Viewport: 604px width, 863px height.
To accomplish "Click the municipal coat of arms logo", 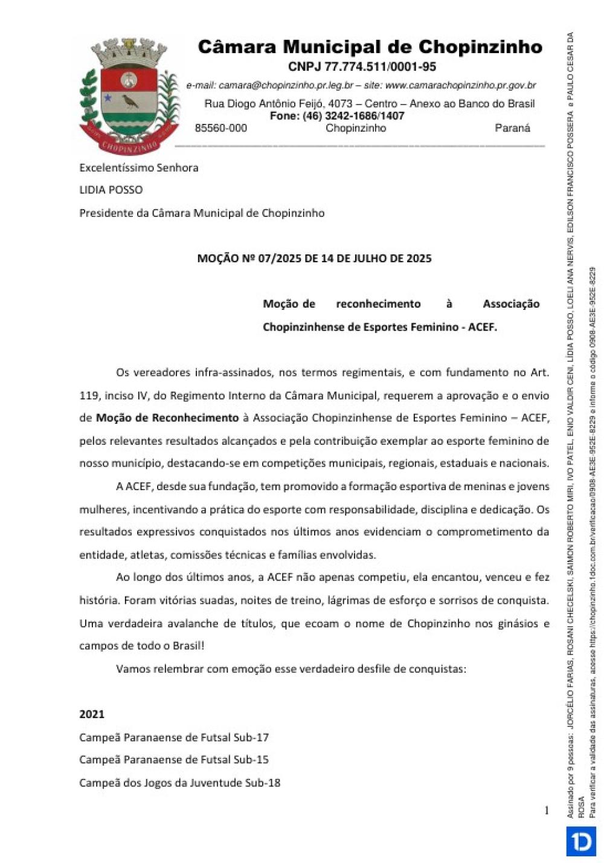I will point(129,95).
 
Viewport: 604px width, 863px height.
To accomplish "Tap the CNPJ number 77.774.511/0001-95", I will point(362,66).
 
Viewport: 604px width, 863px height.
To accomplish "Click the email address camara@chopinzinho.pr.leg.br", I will point(286,85).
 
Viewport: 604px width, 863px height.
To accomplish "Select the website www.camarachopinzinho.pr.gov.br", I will point(460,85).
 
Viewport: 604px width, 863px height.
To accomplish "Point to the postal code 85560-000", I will point(220,128).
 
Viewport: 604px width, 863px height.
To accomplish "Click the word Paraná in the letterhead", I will point(512,128).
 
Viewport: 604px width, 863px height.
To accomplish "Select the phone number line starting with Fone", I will point(336,115).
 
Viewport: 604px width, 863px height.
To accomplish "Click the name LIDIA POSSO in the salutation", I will point(111,190).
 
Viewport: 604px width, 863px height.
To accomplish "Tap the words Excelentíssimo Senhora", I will point(139,167).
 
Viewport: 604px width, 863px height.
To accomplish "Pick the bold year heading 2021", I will point(92,714).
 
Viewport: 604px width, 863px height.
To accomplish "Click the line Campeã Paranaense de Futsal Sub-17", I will point(174,737).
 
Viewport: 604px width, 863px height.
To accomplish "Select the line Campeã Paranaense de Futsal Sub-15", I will point(174,760).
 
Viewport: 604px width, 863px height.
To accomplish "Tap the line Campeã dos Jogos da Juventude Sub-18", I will point(180,783).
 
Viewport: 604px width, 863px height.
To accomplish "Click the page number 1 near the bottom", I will point(547,810).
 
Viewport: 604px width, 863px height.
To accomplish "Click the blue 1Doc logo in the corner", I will point(581,841).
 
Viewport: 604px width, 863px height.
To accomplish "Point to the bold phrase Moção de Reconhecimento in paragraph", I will point(167,418).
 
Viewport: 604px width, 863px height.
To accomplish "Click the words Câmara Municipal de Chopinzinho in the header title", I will point(370,47).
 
